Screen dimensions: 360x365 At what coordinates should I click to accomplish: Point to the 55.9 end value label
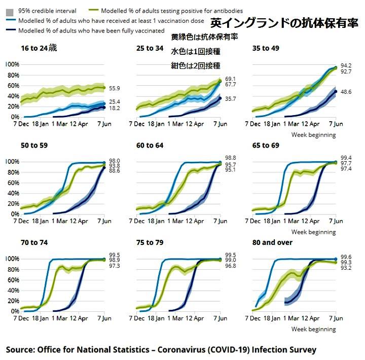(114, 88)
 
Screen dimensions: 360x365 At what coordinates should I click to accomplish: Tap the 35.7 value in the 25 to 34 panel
(231, 99)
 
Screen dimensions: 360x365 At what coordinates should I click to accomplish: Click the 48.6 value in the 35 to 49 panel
(346, 92)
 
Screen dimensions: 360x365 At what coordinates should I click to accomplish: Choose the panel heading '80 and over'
(272, 242)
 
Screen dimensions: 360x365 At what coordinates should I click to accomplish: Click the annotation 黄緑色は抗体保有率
(204, 38)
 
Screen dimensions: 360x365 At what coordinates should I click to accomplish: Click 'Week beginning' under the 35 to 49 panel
(313, 135)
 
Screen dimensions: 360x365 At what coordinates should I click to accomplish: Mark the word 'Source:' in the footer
(21, 350)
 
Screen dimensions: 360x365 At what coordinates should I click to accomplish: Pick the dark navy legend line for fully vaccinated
(11, 31)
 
